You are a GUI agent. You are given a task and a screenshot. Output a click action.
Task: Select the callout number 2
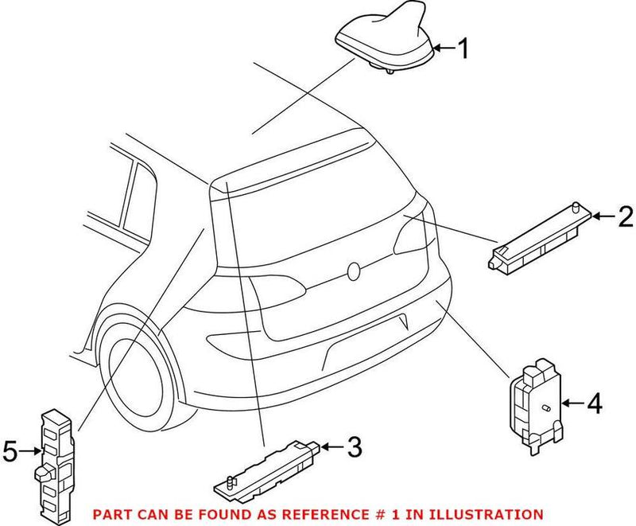[625, 216]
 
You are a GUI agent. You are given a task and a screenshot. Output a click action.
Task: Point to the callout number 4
[594, 404]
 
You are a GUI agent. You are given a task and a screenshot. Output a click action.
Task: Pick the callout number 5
[10, 452]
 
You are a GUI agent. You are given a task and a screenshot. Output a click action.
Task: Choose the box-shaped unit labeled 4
[534, 403]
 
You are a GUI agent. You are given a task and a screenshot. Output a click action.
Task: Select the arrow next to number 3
[333, 448]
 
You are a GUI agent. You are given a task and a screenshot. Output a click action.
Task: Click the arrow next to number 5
[32, 452]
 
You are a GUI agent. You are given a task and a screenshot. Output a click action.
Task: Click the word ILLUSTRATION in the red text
[494, 515]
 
